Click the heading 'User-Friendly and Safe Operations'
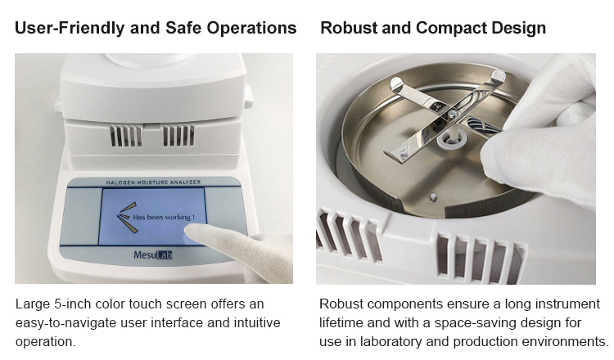point(156,28)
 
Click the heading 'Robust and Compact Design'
point(433,28)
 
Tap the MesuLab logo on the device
point(152,254)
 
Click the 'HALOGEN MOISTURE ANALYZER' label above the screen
point(152,181)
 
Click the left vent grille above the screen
point(126,136)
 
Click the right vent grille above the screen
point(178,136)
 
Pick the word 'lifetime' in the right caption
point(343,322)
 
